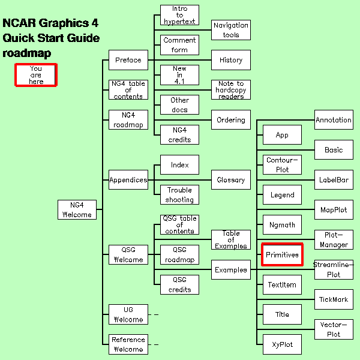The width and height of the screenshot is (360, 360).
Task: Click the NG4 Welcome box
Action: click(76, 209)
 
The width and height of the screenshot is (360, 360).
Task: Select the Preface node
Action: click(128, 60)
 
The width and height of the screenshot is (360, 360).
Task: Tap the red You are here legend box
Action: click(36, 75)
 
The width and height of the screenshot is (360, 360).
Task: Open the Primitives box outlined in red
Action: click(282, 255)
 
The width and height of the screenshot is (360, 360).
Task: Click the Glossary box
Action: click(231, 180)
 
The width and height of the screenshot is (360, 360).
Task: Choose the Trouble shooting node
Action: click(179, 195)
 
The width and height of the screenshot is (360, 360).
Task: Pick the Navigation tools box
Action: click(231, 30)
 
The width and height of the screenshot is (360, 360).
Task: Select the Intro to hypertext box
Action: click(179, 15)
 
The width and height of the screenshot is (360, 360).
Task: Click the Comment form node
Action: click(179, 45)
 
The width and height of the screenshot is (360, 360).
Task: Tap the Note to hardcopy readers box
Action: click(231, 90)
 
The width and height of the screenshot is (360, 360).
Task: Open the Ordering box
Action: click(231, 120)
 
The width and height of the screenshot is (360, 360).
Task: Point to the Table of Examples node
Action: click(231, 240)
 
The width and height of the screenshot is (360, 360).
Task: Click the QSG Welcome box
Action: click(128, 255)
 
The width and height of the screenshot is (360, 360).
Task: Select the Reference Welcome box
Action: click(128, 344)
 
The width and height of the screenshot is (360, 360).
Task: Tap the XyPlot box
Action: click(282, 344)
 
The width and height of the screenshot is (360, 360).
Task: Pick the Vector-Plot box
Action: click(334, 329)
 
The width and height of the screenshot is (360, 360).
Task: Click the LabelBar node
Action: click(334, 180)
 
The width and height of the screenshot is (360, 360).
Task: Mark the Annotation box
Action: click(334, 120)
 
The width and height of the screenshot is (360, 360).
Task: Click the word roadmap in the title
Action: click(26, 53)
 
